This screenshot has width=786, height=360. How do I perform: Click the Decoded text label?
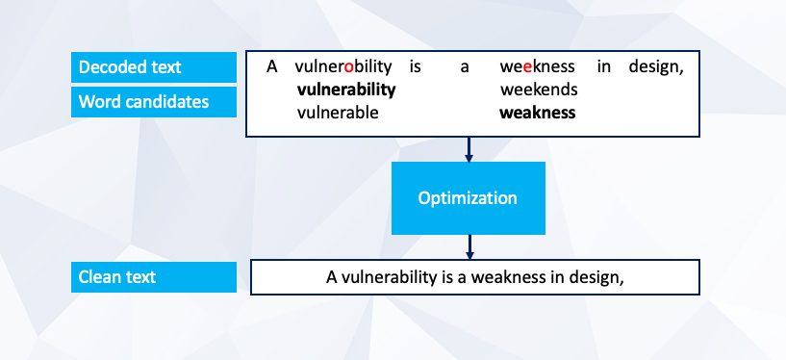click(153, 67)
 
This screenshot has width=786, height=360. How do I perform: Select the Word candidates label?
click(153, 102)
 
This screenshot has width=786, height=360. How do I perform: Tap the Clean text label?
click(153, 277)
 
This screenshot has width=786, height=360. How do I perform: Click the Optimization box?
click(469, 198)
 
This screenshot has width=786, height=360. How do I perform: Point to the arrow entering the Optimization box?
click(469, 149)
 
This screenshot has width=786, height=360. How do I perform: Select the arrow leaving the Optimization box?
click(469, 246)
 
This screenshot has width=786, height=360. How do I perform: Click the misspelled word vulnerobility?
click(343, 66)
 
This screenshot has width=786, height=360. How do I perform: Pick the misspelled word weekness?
click(538, 66)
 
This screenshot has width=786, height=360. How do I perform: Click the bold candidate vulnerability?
click(346, 90)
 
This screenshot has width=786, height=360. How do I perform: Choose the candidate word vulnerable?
click(338, 113)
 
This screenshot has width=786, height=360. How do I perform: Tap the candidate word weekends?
click(539, 90)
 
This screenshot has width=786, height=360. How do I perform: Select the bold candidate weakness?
click(538, 113)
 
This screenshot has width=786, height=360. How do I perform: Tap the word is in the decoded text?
click(415, 66)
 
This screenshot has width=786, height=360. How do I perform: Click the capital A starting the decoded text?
click(271, 66)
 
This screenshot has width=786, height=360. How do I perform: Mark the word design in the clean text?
click(596, 278)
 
